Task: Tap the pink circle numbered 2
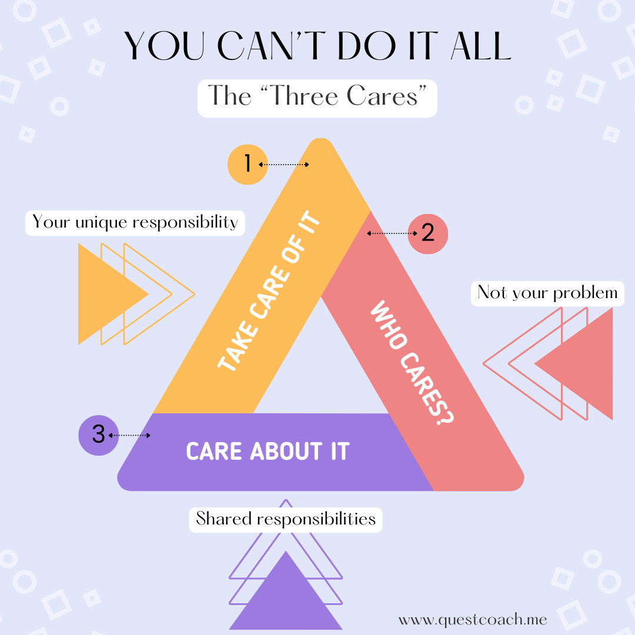point(427,233)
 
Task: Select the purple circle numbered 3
point(98,435)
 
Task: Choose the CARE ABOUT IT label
point(268,452)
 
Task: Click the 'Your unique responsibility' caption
point(135,222)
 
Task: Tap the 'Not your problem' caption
point(547,293)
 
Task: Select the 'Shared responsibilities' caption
point(286,519)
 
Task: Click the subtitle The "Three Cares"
point(317,96)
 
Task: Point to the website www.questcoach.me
point(473,620)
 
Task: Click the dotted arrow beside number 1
point(283,165)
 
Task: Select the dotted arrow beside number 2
point(392,233)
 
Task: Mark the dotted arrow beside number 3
point(129,436)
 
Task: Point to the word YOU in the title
point(158,46)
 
